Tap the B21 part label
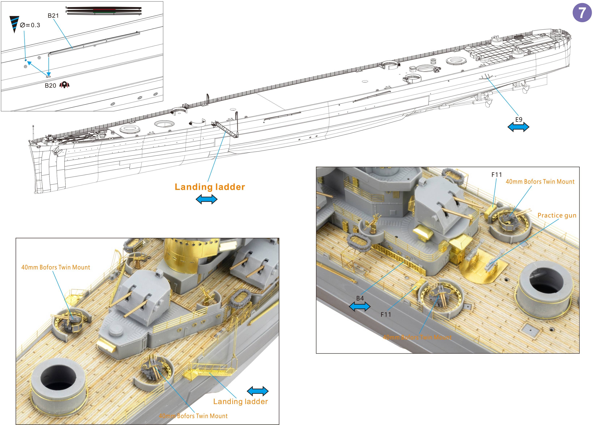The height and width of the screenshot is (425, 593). pos(53,16)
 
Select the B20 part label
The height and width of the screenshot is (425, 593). pos(50,86)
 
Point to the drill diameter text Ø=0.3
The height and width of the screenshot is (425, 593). pos(30,25)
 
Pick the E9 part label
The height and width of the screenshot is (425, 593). pos(519,119)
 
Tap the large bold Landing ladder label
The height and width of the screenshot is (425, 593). pos(210,187)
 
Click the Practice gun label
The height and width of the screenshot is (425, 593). pos(557,215)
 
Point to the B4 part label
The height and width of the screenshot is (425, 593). pos(360,298)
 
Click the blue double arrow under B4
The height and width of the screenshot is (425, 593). pos(360,307)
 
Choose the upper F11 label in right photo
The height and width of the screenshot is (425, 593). pos(496,175)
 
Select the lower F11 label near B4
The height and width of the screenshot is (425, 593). pos(386,314)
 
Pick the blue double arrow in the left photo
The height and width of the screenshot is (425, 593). pos(258,391)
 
